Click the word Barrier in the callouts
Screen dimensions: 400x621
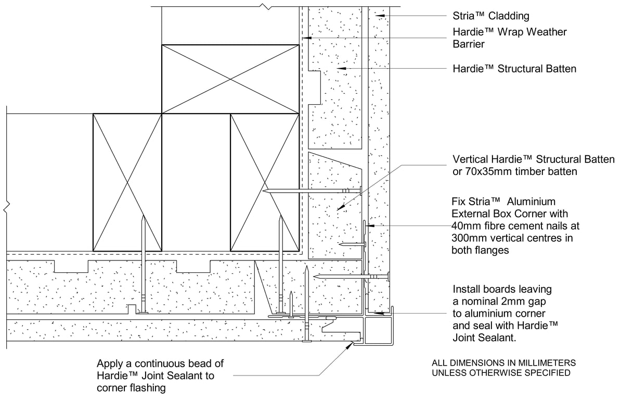[x=469, y=44]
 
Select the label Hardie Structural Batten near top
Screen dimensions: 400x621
[x=514, y=69]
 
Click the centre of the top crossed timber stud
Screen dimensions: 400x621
[x=230, y=79]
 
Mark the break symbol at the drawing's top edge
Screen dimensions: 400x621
[x=266, y=7]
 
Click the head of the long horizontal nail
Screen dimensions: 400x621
[x=360, y=191]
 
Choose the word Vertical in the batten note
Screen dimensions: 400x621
[x=470, y=159]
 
